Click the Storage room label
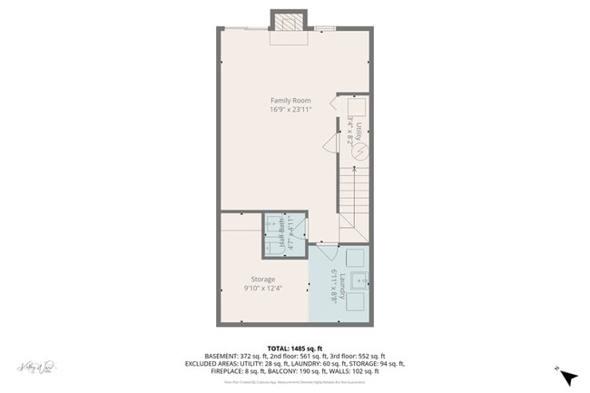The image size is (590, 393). tap(263, 280)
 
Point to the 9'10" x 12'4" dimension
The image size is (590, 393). tap(263, 289)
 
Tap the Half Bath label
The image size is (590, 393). tap(282, 236)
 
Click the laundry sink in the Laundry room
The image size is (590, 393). tap(358, 280)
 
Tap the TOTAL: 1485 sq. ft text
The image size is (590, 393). tap(294, 348)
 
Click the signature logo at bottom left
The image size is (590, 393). tap(32, 368)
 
